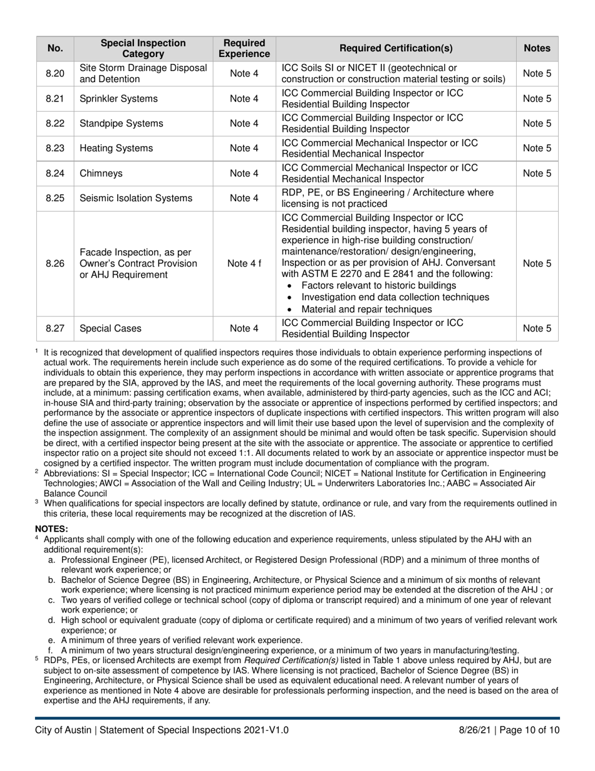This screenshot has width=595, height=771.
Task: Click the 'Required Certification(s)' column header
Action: click(396, 48)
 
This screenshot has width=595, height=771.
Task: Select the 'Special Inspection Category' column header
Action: click(143, 48)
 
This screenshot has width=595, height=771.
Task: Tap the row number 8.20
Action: click(55, 74)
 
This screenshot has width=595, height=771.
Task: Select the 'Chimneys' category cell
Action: click(101, 174)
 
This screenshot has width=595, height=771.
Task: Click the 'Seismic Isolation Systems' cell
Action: click(136, 199)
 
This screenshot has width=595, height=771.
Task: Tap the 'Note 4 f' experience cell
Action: click(244, 263)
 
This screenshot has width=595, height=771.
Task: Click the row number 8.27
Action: click(55, 328)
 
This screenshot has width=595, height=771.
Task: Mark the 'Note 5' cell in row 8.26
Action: click(537, 263)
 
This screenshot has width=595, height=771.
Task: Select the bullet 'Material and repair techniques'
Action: click(366, 310)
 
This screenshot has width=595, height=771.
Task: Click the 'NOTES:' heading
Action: click(51, 529)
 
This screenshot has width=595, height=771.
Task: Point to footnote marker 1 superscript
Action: click(37, 351)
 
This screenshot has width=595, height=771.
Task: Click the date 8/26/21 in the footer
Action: click(476, 730)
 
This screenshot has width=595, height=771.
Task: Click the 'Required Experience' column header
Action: click(244, 48)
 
